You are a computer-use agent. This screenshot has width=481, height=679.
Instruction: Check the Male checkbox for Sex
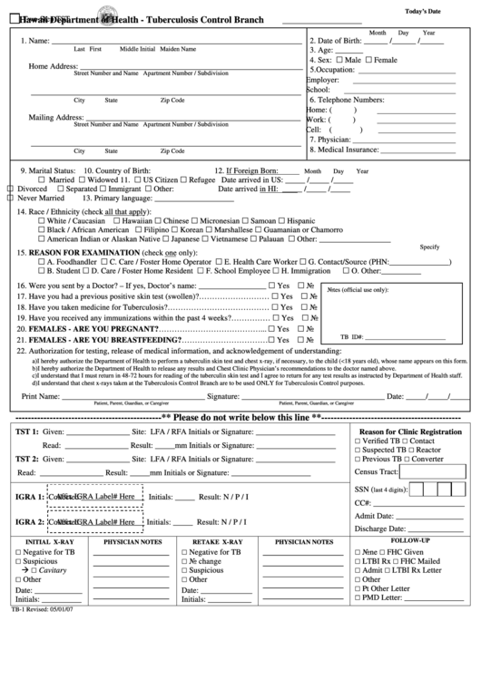coord(340,60)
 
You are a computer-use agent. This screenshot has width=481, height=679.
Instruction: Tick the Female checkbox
coord(369,60)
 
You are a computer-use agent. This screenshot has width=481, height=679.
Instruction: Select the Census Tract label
coord(376,472)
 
